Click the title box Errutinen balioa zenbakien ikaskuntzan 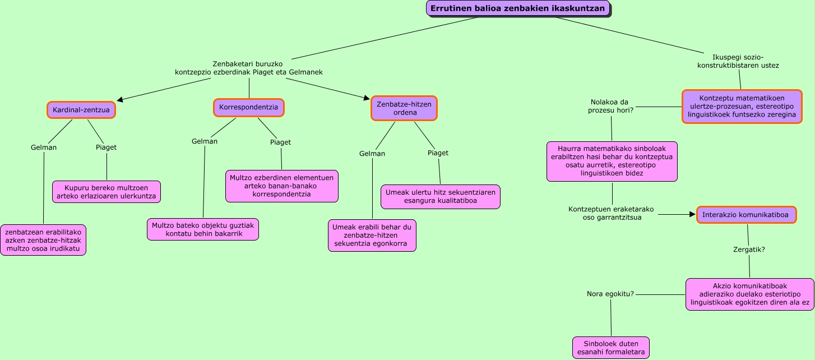(517, 8)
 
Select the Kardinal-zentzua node (81, 110)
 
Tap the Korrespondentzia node (249, 107)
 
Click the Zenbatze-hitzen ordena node (404, 108)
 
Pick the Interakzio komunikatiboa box (745, 215)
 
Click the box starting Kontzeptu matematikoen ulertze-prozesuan (742, 107)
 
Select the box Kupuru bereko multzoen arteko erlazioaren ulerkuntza (106, 191)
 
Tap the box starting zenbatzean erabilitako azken (43, 240)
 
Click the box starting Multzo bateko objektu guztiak (203, 229)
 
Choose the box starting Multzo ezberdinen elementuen (281, 186)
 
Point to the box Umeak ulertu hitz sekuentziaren (441, 196)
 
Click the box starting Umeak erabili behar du (372, 236)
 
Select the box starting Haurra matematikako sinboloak (612, 161)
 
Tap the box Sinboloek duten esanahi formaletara (611, 348)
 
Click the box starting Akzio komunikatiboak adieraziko (750, 294)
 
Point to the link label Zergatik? (749, 250)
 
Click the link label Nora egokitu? (610, 294)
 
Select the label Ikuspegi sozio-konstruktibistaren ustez (738, 61)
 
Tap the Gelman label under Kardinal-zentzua (44, 147)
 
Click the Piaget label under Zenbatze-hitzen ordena (438, 153)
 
